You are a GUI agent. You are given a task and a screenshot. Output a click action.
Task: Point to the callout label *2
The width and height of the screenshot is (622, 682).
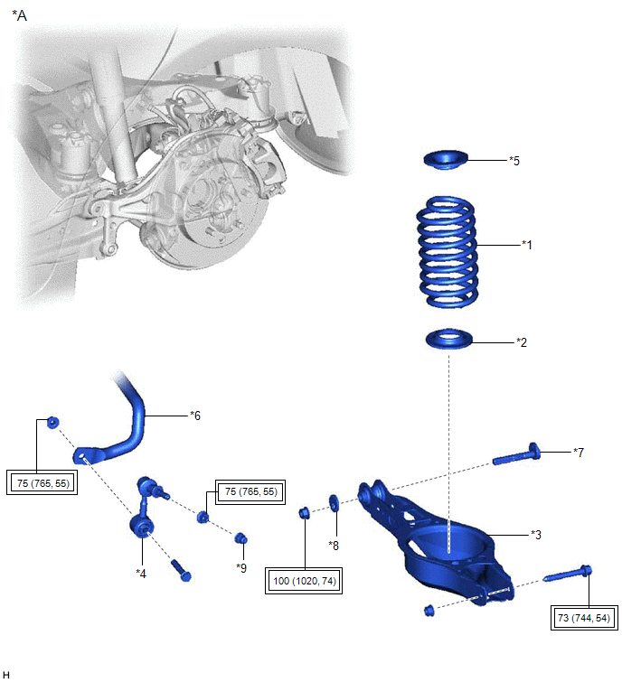pos(521,342)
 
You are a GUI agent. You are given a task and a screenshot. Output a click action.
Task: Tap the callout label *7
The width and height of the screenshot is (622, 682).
pos(579,451)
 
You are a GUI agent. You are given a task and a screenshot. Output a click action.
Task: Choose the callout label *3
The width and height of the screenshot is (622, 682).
pos(535,534)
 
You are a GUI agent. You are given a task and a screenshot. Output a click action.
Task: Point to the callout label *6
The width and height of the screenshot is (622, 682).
pos(194,416)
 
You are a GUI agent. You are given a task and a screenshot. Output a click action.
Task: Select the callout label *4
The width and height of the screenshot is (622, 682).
pos(141,573)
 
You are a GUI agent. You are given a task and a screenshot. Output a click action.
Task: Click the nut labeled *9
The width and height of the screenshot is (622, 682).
pos(241,539)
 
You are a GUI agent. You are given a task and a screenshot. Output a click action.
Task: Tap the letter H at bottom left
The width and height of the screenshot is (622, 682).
pos(6,674)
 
